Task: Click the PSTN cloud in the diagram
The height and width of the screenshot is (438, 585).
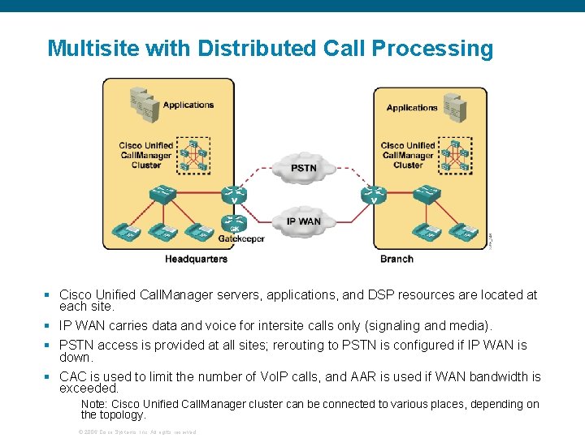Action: (x=303, y=168)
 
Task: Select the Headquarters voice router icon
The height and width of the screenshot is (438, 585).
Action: (x=234, y=195)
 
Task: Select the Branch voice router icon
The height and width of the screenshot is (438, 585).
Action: (x=373, y=195)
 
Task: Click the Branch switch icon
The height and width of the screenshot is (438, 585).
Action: (x=427, y=195)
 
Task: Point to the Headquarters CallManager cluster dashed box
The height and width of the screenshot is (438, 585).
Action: (x=194, y=154)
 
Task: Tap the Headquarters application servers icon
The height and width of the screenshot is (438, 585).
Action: (x=144, y=105)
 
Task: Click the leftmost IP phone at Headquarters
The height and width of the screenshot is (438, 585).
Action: (x=130, y=233)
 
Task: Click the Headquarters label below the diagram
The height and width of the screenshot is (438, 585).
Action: (x=196, y=259)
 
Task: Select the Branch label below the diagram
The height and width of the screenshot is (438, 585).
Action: (x=396, y=259)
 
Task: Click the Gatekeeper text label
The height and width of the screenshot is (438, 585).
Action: (x=241, y=238)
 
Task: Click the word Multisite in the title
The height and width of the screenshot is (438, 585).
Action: (x=93, y=49)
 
